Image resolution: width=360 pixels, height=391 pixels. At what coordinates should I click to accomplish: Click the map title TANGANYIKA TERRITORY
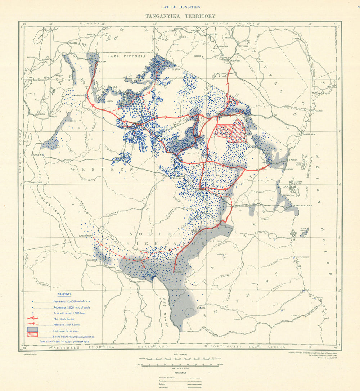(180, 16)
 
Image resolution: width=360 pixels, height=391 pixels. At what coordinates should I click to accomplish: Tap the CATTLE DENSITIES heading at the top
(180, 7)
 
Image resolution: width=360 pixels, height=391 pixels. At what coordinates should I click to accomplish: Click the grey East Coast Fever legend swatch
(33, 329)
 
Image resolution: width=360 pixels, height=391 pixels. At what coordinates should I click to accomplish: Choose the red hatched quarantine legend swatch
(33, 335)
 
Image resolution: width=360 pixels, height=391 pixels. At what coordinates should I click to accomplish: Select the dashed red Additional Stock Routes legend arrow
(33, 324)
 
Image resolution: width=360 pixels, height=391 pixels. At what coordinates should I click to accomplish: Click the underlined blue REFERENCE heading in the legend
(64, 294)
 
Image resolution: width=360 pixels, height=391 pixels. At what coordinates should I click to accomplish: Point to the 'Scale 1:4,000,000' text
(181, 355)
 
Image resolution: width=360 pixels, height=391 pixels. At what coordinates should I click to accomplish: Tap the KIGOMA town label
(35, 154)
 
